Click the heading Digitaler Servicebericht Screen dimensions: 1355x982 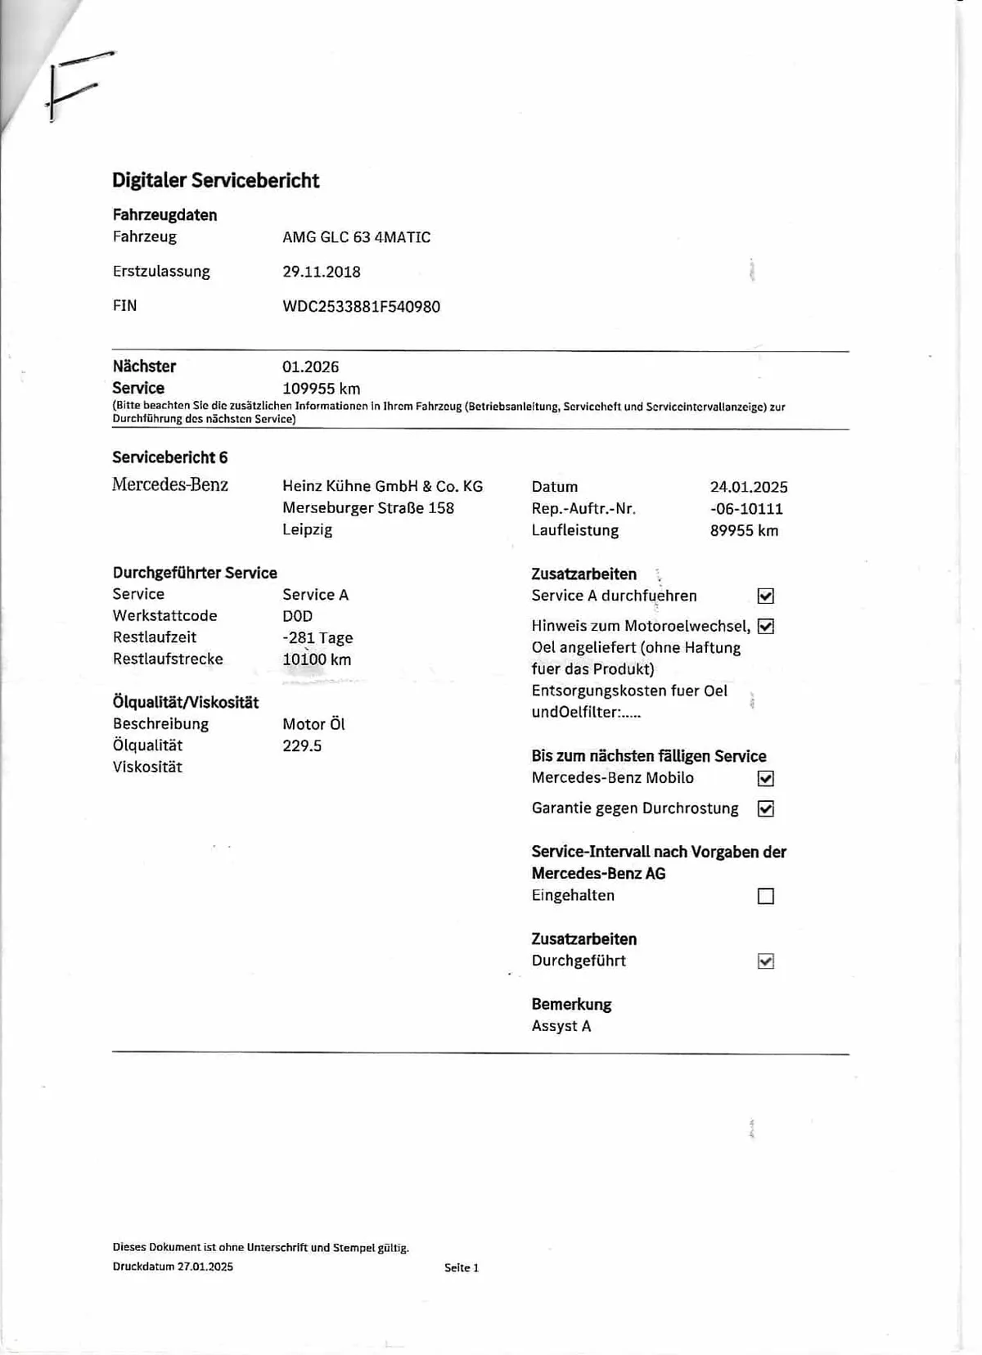click(215, 181)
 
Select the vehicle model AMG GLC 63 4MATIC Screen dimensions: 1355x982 click(356, 237)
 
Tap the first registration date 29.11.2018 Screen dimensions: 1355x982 click(322, 272)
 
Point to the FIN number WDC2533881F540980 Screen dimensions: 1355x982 click(361, 307)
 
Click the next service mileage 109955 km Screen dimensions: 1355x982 click(321, 389)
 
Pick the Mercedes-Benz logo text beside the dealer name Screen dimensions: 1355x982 click(170, 484)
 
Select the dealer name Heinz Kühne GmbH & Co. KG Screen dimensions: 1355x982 click(382, 486)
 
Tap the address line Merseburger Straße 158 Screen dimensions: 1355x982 click(367, 508)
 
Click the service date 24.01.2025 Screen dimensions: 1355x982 click(748, 487)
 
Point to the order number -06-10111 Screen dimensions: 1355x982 click(746, 509)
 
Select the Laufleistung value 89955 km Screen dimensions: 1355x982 click(744, 531)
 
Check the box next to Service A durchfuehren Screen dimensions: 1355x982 click(765, 596)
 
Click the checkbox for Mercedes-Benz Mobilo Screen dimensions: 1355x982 click(765, 778)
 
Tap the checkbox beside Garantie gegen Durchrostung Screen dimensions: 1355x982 click(765, 808)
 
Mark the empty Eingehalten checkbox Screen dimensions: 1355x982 click(765, 896)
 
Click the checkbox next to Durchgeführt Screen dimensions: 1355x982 click(765, 961)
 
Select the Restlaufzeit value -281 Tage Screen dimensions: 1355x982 click(318, 637)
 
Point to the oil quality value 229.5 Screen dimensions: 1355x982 click(302, 746)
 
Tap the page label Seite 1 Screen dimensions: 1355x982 click(462, 1267)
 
